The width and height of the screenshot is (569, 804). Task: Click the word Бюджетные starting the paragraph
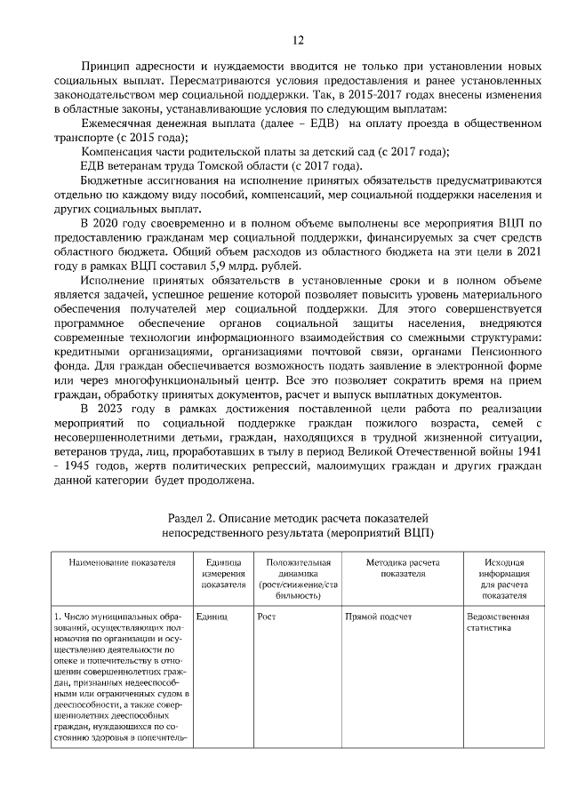pos(112,179)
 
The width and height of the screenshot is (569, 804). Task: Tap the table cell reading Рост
pos(266,616)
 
